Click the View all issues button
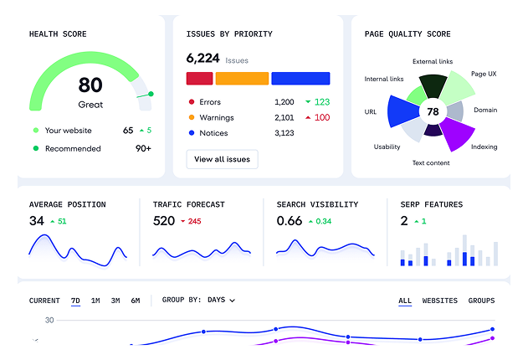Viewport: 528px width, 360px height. point(222,159)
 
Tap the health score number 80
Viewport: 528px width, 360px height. point(90,85)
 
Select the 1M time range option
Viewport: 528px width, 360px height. point(95,301)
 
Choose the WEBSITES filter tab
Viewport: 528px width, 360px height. point(439,301)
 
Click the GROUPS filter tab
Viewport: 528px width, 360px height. point(481,301)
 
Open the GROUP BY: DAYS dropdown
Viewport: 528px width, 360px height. point(198,300)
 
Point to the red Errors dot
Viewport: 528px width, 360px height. point(192,102)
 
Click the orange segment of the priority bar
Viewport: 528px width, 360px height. point(242,78)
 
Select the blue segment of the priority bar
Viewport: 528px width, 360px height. point(300,78)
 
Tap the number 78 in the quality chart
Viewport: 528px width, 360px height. point(433,111)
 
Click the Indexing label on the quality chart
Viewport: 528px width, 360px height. point(484,147)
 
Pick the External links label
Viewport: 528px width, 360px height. point(432,61)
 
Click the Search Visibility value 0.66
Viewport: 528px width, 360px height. point(290,221)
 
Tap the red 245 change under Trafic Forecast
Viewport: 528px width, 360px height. point(194,222)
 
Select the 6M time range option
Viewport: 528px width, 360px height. point(136,301)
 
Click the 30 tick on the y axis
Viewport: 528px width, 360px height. point(49,320)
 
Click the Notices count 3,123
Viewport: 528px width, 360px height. point(285,133)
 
